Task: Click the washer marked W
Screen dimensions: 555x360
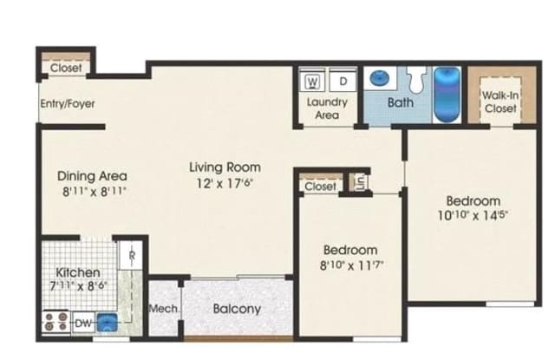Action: click(x=312, y=81)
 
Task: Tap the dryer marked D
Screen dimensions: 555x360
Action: click(x=343, y=81)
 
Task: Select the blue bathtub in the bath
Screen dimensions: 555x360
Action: click(x=447, y=94)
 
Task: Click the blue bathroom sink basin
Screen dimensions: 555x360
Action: click(x=379, y=78)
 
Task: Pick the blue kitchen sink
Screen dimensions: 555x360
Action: click(x=107, y=322)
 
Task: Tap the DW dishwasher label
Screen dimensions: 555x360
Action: click(x=83, y=323)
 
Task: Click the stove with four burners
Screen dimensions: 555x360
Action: click(x=55, y=322)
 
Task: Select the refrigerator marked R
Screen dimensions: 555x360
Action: click(x=131, y=255)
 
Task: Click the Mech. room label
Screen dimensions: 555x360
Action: click(x=164, y=309)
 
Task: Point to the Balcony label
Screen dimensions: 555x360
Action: click(x=237, y=309)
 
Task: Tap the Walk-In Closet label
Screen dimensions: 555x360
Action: click(x=500, y=101)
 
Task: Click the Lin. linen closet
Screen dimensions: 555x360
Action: click(x=359, y=182)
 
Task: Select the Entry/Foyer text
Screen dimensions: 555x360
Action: click(x=68, y=104)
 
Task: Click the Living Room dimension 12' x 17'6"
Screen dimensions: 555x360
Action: click(x=225, y=183)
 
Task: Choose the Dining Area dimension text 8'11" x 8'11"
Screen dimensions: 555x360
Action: click(x=95, y=192)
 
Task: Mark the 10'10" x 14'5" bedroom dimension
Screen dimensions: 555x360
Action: click(x=473, y=215)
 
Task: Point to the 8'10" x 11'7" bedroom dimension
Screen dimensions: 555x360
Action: click(x=351, y=265)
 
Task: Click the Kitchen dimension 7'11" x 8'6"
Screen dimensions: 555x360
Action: click(x=78, y=285)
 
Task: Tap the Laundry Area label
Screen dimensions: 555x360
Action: click(x=327, y=108)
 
